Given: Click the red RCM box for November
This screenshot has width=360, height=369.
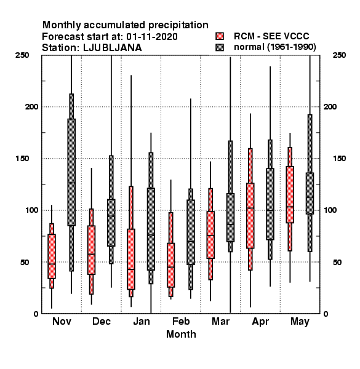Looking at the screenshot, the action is click(x=52, y=256).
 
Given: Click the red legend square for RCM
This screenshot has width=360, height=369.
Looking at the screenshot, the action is click(x=220, y=36).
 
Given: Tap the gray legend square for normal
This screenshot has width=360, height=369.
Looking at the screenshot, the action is click(x=220, y=47).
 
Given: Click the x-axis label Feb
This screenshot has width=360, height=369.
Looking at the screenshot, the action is click(x=181, y=321).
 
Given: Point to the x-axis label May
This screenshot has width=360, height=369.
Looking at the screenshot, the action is click(x=300, y=322).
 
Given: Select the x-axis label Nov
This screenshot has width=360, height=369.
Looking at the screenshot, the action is click(x=62, y=321).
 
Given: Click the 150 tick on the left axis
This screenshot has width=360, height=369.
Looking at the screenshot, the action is click(x=22, y=159).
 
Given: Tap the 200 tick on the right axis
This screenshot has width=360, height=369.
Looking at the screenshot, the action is click(x=330, y=106).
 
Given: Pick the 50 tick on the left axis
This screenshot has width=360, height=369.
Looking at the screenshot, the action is click(x=25, y=262).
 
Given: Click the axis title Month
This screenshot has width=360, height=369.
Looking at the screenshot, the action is click(x=181, y=334).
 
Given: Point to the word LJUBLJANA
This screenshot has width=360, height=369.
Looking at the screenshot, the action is click(x=113, y=48).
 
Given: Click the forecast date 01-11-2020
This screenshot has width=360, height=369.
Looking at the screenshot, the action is click(x=152, y=37).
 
